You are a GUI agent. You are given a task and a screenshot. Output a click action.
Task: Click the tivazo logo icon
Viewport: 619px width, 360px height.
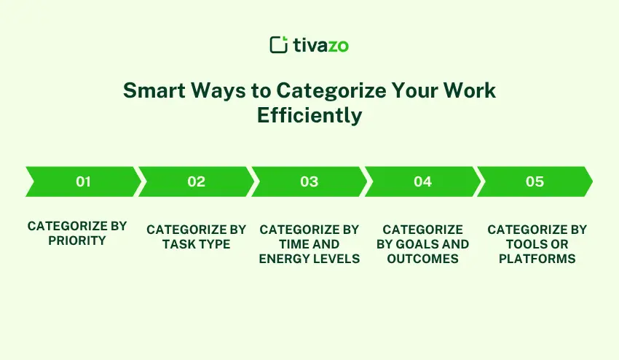point(278,44)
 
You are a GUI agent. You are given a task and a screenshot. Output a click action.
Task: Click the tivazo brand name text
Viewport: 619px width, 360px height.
point(320,45)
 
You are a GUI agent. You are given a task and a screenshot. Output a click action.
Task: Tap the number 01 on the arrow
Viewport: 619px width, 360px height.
point(83,181)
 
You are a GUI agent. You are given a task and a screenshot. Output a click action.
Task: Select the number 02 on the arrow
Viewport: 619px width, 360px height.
point(196,181)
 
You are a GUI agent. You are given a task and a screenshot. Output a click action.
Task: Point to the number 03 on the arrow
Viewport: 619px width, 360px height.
point(309,181)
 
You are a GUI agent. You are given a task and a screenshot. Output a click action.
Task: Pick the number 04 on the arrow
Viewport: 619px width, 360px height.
point(422,181)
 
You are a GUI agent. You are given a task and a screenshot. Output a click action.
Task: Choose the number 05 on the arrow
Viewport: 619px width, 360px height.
point(535,181)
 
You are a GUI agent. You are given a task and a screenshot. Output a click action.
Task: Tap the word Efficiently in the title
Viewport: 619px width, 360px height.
point(309,115)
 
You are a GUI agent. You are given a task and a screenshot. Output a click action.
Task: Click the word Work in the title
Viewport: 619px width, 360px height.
point(473,90)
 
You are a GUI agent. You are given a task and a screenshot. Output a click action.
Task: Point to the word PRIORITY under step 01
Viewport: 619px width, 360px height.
point(77,240)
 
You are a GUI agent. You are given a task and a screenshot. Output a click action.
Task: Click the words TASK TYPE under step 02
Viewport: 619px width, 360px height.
point(196,244)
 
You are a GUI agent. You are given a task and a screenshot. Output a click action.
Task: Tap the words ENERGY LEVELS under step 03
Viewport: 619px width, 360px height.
point(309,259)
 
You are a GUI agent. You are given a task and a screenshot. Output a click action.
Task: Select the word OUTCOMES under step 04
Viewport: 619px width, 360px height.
point(422,259)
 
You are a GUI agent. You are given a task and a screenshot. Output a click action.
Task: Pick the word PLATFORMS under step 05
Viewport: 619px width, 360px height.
point(537,259)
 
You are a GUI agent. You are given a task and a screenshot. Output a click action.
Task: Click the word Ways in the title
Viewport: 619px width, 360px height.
point(218,90)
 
